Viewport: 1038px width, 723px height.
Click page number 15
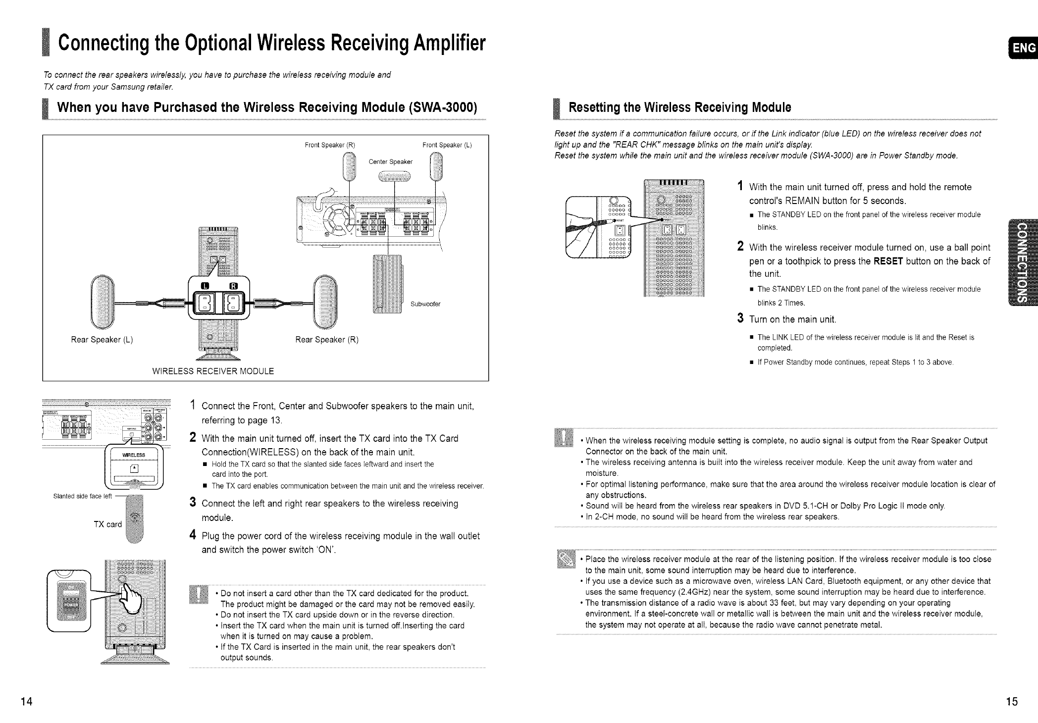tap(1012, 702)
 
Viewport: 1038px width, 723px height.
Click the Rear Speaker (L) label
tap(102, 340)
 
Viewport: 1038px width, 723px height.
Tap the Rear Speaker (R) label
tap(327, 340)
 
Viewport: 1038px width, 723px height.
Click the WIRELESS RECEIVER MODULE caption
tap(213, 371)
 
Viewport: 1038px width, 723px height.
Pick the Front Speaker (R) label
tap(330, 145)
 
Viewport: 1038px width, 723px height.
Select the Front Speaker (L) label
tap(447, 145)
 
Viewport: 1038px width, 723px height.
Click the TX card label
tap(107, 524)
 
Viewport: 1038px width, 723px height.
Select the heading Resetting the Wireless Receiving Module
tap(679, 107)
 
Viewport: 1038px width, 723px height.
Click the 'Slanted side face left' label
tap(82, 496)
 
